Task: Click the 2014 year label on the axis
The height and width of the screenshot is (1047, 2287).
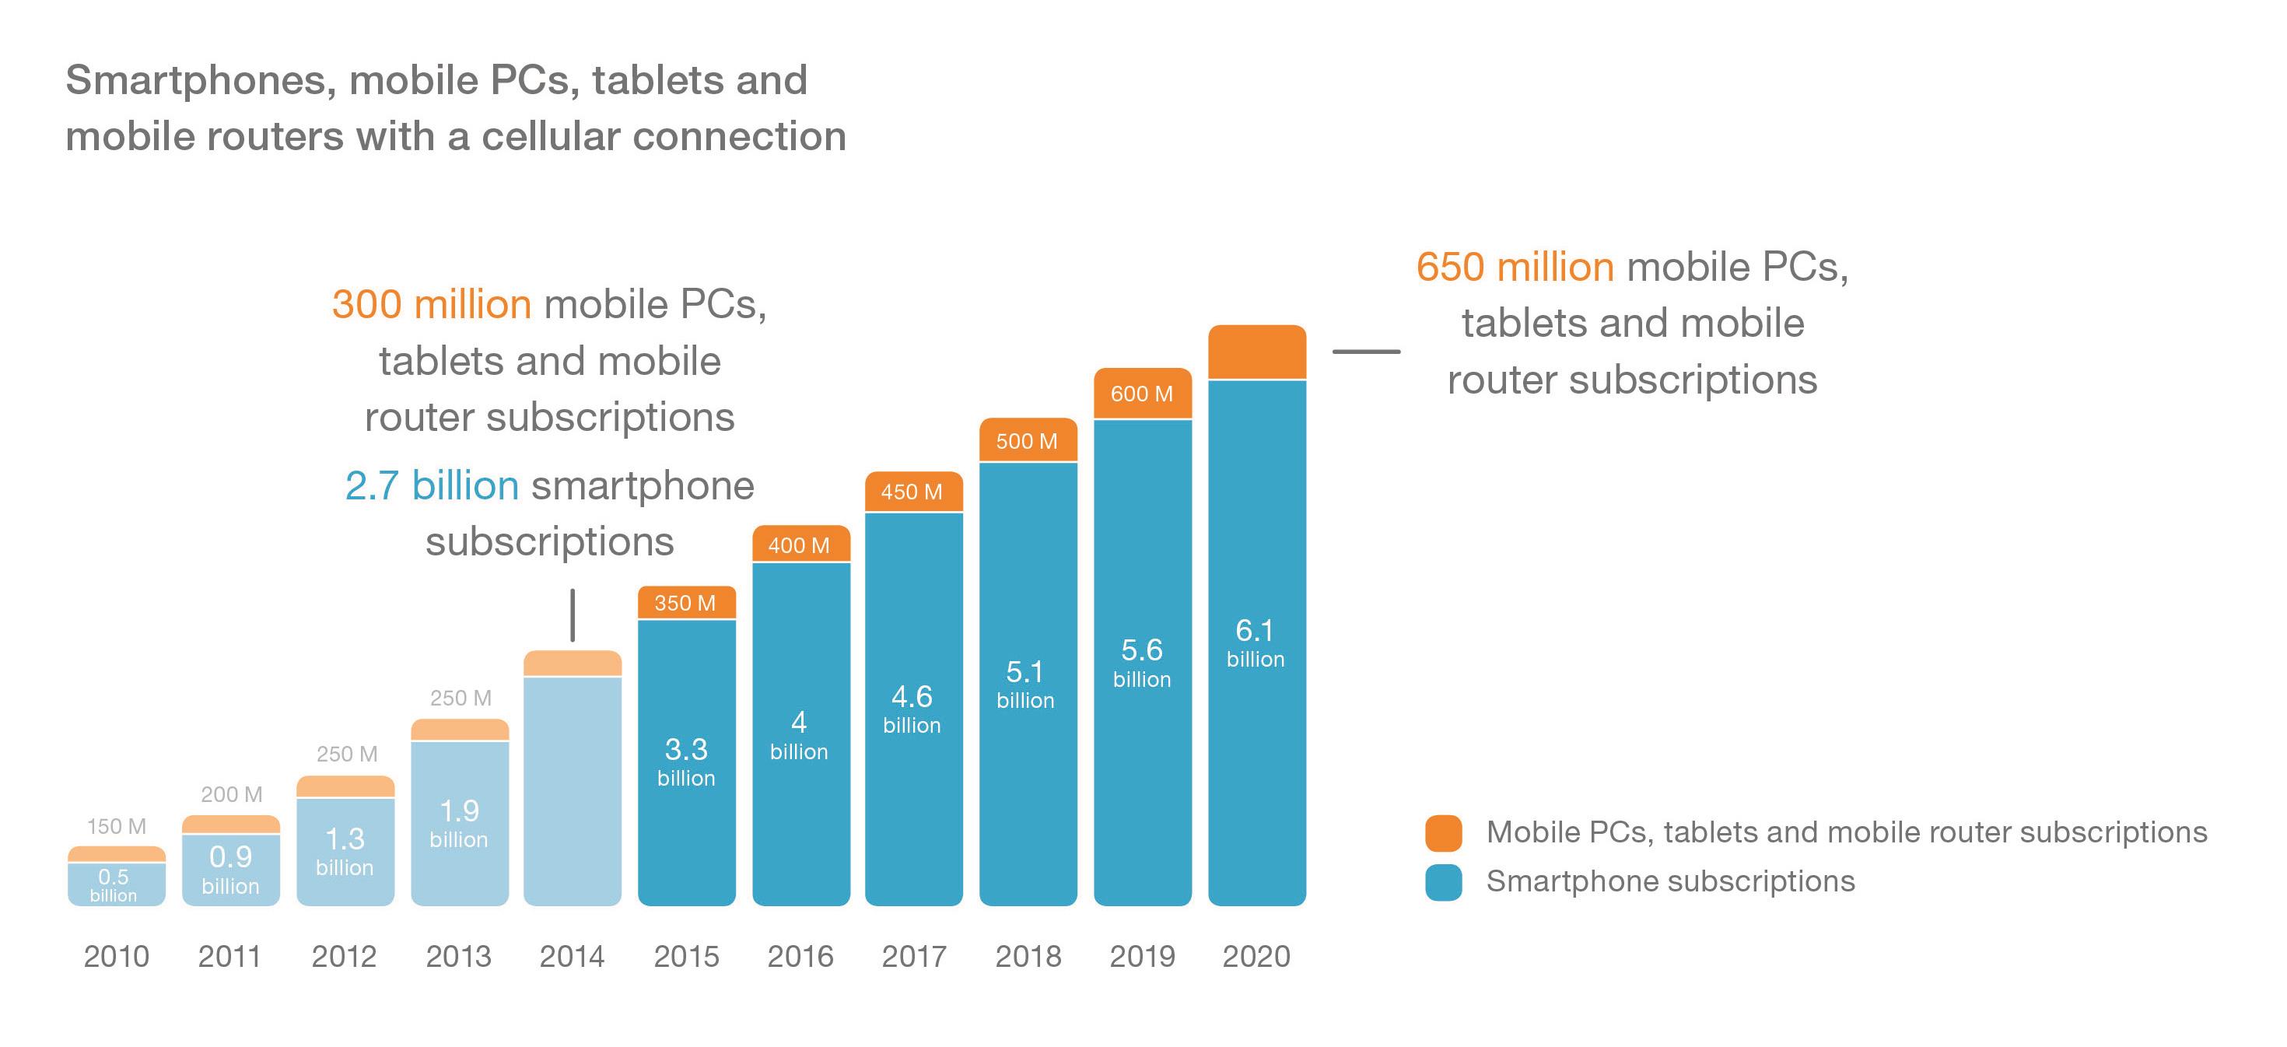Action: (x=572, y=957)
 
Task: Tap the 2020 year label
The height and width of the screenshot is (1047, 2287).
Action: (x=1256, y=957)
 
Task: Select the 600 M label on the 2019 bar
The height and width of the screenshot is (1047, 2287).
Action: (x=1142, y=394)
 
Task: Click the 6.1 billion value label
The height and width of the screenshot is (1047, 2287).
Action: (x=1255, y=643)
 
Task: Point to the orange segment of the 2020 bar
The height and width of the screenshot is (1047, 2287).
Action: (x=1256, y=352)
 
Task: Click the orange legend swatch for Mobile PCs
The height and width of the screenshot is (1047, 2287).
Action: (x=1443, y=833)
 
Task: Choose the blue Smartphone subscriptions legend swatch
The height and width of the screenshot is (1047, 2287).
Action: (x=1443, y=882)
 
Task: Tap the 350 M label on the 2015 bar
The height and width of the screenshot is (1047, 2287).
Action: (x=685, y=603)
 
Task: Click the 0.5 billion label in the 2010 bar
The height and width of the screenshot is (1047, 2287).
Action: (x=114, y=884)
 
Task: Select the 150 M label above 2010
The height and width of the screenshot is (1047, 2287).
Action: (x=117, y=826)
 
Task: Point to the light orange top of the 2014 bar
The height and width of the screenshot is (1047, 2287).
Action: (x=573, y=664)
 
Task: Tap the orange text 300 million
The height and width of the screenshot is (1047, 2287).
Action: (x=432, y=305)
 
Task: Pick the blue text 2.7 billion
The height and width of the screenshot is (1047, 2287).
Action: (x=432, y=485)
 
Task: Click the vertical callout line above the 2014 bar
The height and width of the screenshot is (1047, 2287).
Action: (x=573, y=615)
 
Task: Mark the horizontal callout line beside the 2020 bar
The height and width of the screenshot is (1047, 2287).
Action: (x=1365, y=352)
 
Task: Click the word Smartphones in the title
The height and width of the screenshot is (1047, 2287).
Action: (x=201, y=80)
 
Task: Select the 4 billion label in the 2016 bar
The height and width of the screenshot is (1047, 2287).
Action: (x=798, y=735)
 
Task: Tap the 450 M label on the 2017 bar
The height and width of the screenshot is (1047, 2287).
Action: (x=911, y=491)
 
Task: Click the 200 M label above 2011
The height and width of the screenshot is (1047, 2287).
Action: (x=231, y=794)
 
